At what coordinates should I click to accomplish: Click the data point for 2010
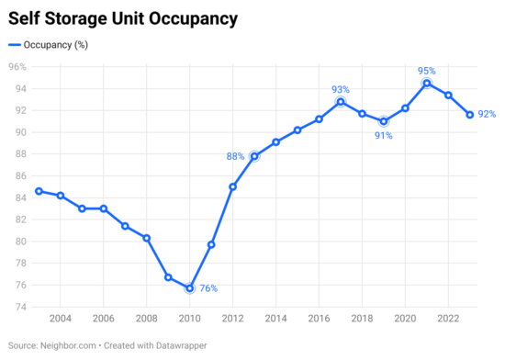[189, 287]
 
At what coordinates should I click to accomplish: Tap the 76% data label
[208, 288]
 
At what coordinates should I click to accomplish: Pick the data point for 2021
[427, 84]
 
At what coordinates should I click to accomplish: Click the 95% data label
[427, 70]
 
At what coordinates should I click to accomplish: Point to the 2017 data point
[341, 102]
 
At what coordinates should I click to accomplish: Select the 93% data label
[341, 89]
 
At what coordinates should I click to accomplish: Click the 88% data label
[235, 156]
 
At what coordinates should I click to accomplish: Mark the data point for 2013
[254, 156]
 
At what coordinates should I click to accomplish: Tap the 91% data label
[384, 136]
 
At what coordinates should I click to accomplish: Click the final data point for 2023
[470, 115]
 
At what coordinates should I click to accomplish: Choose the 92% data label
[488, 115]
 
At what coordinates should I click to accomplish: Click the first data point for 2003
[39, 191]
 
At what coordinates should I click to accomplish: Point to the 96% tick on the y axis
[17, 67]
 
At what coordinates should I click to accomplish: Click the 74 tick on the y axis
[18, 307]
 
